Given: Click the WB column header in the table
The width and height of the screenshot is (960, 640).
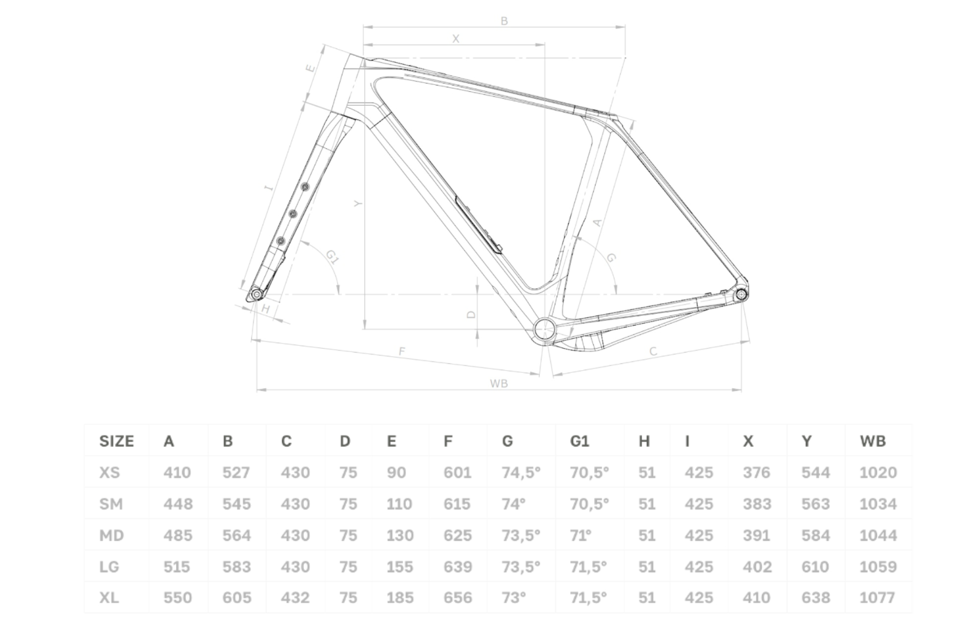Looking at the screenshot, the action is point(873,441).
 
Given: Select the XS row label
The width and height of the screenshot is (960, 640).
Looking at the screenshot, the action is point(109,473).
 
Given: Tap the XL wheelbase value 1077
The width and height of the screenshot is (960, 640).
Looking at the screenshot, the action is point(878,598).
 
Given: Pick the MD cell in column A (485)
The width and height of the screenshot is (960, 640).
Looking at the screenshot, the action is point(178,535).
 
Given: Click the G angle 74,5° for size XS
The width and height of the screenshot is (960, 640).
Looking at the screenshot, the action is point(521,473).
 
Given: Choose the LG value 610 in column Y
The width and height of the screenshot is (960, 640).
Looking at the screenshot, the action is point(815,566).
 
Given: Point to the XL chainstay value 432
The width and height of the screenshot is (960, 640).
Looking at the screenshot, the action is point(295,598).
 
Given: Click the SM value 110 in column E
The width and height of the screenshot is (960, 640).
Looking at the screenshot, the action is point(399,504).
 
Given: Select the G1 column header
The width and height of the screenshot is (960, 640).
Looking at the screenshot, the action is point(579,441).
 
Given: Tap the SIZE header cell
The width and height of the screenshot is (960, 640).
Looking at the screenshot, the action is point(116,441).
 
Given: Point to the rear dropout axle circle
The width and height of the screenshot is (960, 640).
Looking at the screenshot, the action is point(741,294).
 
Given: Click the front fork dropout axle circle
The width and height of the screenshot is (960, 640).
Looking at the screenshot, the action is point(257,294).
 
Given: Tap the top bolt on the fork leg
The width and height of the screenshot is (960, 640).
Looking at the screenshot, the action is point(305,187).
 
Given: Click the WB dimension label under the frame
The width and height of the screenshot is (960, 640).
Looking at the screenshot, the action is point(499,383).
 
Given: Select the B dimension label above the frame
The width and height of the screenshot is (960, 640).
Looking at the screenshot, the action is point(504,21).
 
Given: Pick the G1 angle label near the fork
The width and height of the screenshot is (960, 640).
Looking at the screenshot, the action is point(332,258).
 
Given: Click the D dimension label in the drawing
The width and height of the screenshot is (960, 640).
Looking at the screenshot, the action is point(471,315).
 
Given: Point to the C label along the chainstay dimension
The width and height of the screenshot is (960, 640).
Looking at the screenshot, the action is point(653,351).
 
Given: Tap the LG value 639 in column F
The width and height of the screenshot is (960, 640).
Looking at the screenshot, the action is point(458,566).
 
